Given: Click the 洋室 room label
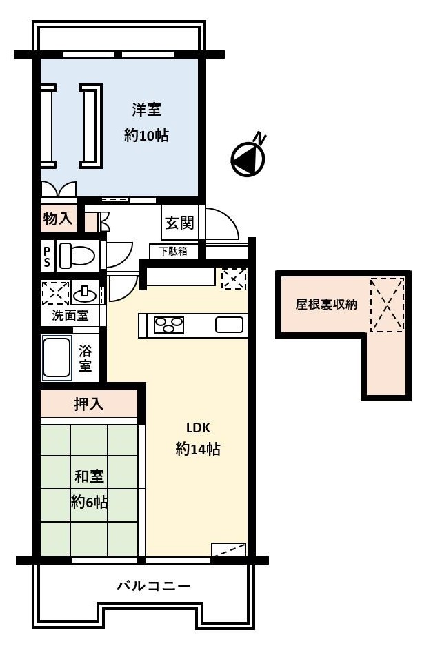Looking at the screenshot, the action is point(146,110).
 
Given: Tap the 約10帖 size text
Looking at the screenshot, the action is point(146,135).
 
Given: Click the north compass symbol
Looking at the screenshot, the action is point(248,156).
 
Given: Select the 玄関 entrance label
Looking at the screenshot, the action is point(179,223).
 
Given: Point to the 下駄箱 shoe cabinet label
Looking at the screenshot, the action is point(174,251).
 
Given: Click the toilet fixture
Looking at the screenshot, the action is point(77,255).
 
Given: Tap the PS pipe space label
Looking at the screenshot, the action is point(47,256).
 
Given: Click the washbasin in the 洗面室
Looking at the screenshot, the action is point(86,294).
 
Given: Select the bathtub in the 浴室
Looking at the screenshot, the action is point(57,357).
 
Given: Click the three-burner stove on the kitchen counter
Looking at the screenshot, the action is point(168,324).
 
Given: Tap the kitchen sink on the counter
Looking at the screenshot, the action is point(229,325).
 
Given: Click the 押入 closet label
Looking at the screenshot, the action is point(88,404).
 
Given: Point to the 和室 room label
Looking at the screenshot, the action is point(89,476).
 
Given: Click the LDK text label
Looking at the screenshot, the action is point(198,427).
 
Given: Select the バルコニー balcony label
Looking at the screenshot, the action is point(154,585).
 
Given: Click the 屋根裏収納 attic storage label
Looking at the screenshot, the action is point(326,304).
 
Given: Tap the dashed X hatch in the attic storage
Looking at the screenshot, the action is point(388,305).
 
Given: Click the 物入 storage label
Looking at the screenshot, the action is point(58,219).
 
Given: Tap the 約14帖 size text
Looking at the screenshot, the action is point(198,449).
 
